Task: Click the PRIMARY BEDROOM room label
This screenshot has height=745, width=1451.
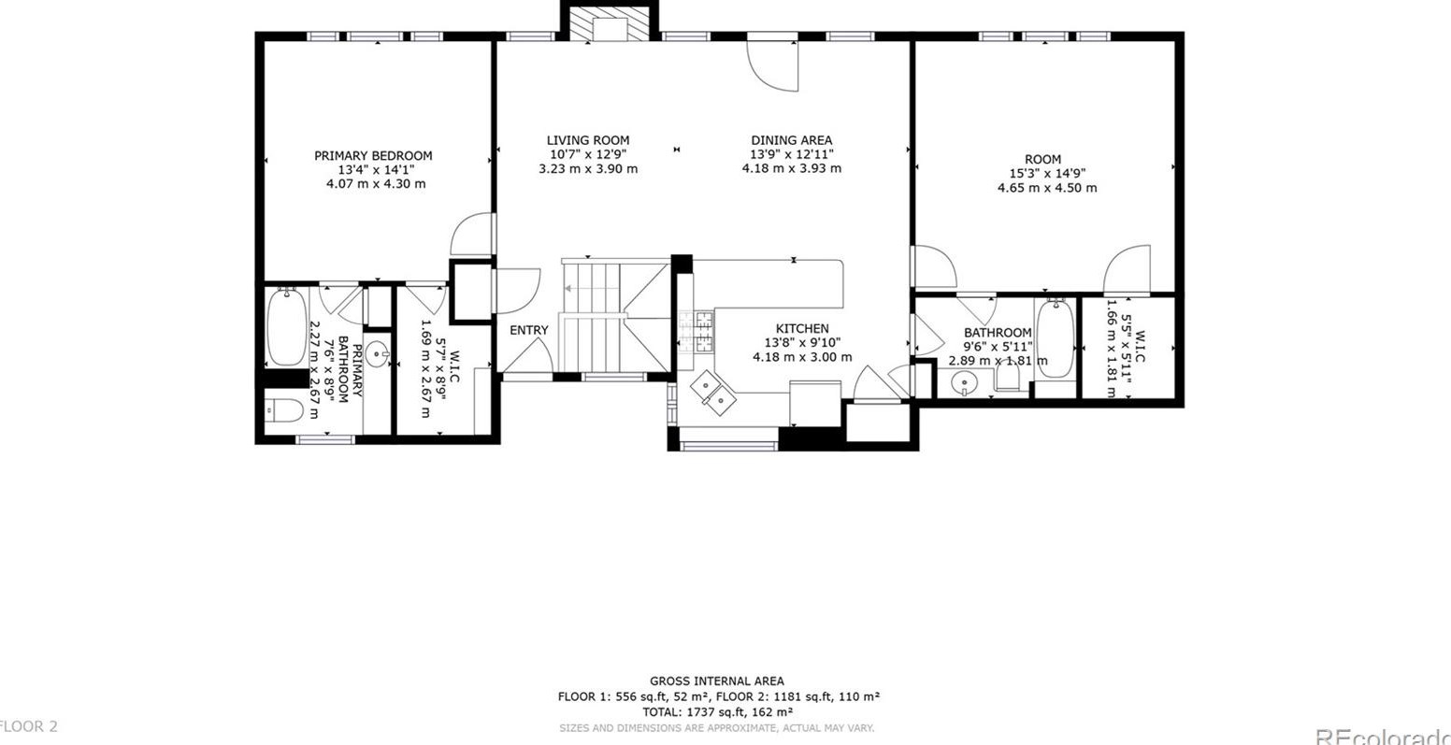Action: coord(373,156)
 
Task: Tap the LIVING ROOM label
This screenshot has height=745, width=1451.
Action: coord(587,141)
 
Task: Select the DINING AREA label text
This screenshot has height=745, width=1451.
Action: coord(791,141)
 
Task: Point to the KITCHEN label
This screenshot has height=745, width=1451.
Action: coord(801,329)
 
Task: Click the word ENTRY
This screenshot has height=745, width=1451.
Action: coord(529,331)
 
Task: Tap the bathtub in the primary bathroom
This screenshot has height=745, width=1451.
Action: coord(286,328)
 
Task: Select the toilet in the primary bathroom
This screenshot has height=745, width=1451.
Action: coord(284,410)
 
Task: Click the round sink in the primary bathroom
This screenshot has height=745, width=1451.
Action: coord(377,353)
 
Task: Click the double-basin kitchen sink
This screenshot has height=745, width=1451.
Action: coord(711,393)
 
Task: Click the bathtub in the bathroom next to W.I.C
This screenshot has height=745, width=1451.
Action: coord(1056,338)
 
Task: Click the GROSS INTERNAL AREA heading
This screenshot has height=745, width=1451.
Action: coord(717,681)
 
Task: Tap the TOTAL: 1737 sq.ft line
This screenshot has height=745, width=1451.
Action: coord(717,711)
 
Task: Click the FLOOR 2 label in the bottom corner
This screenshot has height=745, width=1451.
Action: coord(28,726)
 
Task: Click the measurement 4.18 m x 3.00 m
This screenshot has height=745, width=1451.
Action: coord(801,357)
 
